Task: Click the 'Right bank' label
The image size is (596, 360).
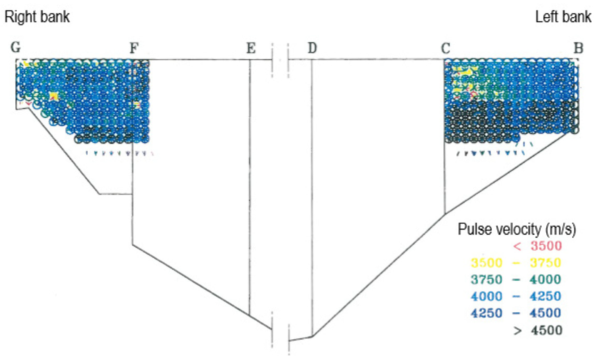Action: [x=37, y=17]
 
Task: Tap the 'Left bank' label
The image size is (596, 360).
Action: [x=563, y=17]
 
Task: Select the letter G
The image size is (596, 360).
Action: [x=16, y=48]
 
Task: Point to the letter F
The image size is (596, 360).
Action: [x=134, y=48]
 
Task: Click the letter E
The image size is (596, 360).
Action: [x=251, y=48]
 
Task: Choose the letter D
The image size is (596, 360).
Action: [x=312, y=48]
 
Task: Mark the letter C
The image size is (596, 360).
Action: [x=446, y=48]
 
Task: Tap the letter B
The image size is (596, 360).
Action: [x=578, y=48]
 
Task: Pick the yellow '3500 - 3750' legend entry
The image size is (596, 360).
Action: [x=516, y=263]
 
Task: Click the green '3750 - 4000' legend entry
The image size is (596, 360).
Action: [x=516, y=279]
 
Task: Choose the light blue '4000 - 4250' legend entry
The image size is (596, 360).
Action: [x=516, y=296]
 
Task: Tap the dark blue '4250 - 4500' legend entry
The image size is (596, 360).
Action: [x=516, y=313]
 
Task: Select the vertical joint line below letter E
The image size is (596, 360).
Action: [x=250, y=187]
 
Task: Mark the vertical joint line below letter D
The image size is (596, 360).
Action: [x=312, y=198]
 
